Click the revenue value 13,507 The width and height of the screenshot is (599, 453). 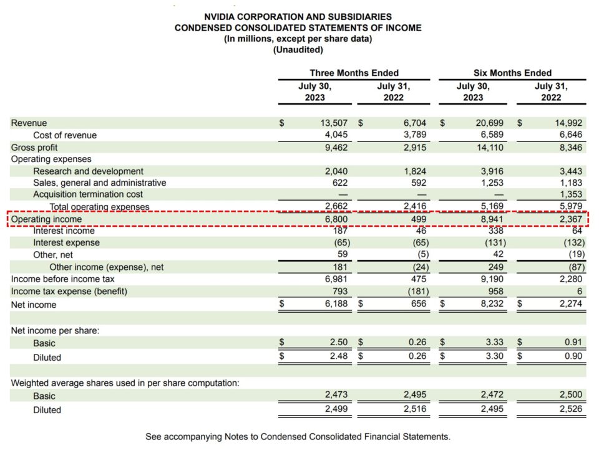pyautogui.click(x=334, y=123)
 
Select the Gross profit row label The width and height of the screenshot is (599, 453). pyautogui.click(x=34, y=148)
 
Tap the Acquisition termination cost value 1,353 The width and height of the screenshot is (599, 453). pyautogui.click(x=570, y=194)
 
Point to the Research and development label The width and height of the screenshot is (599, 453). pyautogui.click(x=88, y=171)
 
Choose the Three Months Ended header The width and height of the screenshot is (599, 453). pyautogui.click(x=354, y=73)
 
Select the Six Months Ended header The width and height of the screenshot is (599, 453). pyautogui.click(x=512, y=73)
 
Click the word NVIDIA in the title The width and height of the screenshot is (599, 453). pyautogui.click(x=222, y=17)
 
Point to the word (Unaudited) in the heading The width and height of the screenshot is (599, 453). pyautogui.click(x=298, y=50)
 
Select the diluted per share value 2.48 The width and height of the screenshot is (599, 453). pyautogui.click(x=338, y=357)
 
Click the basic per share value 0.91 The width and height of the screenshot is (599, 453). pyautogui.click(x=573, y=343)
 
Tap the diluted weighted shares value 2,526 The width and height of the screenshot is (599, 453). pyautogui.click(x=570, y=410)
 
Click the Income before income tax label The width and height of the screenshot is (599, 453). pyautogui.click(x=62, y=279)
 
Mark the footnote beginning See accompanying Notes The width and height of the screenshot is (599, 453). pyautogui.click(x=298, y=437)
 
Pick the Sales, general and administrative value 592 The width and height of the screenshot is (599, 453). pyautogui.click(x=417, y=183)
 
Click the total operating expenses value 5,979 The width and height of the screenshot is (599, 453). pyautogui.click(x=570, y=207)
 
